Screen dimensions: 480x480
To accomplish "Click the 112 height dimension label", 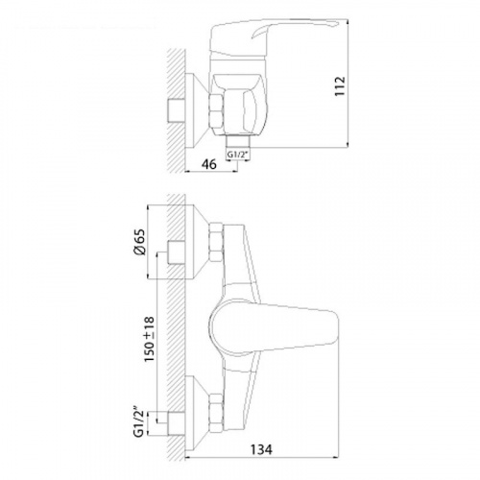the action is tap(340, 85).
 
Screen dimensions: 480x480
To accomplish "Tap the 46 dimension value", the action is tap(208, 164).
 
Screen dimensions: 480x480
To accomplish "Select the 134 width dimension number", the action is tap(261, 449).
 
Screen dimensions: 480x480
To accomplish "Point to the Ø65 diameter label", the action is tap(140, 242).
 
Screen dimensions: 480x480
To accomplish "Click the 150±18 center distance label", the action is tap(150, 340).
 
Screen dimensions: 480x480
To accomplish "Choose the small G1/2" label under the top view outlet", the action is tap(238, 155).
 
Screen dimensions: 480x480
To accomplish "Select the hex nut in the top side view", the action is tap(216, 111).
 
